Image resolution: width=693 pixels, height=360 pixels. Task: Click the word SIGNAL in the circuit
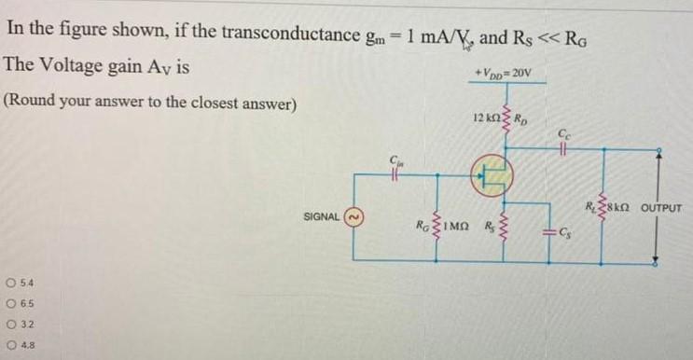(322, 216)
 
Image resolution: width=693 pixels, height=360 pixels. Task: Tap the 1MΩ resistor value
(456, 226)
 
